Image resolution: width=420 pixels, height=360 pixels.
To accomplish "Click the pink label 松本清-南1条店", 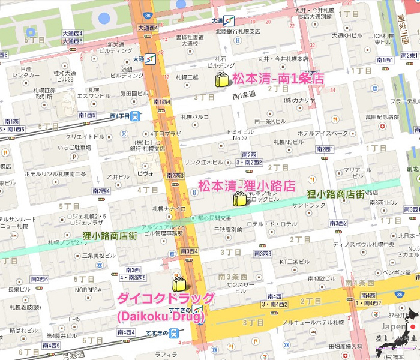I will point(278,78).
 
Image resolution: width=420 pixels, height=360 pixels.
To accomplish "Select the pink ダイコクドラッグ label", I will point(166,299).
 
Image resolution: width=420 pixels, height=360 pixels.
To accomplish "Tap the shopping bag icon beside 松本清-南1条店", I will point(221,80).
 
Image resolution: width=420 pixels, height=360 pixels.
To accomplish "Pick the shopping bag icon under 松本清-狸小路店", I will point(240,199).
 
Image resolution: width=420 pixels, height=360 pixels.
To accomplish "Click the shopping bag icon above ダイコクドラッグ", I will point(179,284).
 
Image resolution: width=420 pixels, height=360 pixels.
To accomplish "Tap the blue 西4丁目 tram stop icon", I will point(137,116).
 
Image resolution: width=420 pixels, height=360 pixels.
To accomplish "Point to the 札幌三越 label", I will point(187,77).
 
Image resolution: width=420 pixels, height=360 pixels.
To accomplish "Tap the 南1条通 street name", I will point(244,95).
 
